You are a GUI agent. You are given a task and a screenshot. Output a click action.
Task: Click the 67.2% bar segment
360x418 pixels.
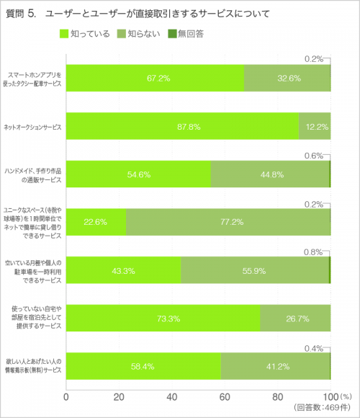[x=155, y=78]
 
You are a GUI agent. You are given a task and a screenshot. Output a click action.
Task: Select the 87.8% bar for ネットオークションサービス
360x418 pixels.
[x=182, y=126]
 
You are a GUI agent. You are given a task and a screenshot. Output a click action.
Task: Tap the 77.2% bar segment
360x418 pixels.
[x=228, y=221]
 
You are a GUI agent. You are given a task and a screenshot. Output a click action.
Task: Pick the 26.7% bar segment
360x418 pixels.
[x=295, y=317]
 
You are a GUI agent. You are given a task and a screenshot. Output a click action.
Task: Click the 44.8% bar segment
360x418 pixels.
[x=270, y=174]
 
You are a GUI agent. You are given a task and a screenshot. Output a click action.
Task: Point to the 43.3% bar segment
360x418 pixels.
[x=123, y=270]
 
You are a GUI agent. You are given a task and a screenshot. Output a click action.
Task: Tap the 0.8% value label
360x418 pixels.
[x=313, y=252]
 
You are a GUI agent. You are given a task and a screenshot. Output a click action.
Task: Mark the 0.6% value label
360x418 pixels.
[x=313, y=156]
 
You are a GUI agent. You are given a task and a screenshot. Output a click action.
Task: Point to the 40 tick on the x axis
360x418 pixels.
[x=172, y=396]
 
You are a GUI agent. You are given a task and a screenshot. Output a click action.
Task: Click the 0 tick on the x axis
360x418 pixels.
[x=66, y=396]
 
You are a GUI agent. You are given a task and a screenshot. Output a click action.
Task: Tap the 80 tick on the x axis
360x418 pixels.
[x=278, y=396]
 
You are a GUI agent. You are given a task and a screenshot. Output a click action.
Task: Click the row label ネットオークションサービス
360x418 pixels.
[x=34, y=126]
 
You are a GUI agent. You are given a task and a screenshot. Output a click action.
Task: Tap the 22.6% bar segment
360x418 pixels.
[x=96, y=221]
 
